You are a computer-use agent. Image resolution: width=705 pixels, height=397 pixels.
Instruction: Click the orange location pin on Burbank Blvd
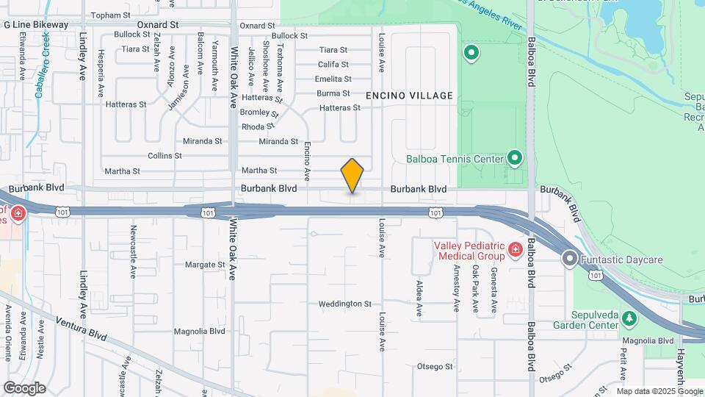pyautogui.click(x=352, y=175)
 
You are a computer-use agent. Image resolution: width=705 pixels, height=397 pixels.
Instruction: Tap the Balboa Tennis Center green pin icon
pyautogui.click(x=515, y=158)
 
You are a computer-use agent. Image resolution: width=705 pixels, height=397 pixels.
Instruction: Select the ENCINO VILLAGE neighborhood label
pyautogui.click(x=410, y=96)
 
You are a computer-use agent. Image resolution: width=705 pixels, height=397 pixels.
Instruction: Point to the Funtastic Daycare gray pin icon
pyautogui.click(x=570, y=260)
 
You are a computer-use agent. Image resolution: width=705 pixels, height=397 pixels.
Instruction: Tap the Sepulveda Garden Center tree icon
pyautogui.click(x=629, y=318)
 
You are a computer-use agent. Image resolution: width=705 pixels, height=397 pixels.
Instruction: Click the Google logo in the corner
pyautogui.click(x=24, y=387)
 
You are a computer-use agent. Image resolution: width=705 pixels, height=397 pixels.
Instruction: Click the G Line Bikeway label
pyautogui.click(x=36, y=24)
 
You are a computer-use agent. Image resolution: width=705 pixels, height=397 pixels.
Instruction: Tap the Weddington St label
pyautogui.click(x=345, y=304)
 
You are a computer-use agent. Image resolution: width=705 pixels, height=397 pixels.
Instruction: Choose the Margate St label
pyautogui.click(x=204, y=265)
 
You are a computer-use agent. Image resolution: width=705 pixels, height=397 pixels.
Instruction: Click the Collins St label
pyautogui.click(x=164, y=156)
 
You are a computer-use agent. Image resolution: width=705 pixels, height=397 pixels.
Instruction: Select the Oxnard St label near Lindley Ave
pyautogui.click(x=158, y=24)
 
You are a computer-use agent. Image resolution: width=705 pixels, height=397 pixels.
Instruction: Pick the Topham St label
pyautogui.click(x=109, y=15)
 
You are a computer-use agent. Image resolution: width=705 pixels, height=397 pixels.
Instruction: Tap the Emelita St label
pyautogui.click(x=333, y=79)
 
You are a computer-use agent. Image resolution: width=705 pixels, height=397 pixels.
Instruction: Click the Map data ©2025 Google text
pyautogui.click(x=659, y=391)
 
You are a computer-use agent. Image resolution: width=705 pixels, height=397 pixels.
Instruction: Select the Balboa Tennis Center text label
pyautogui.click(x=455, y=158)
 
